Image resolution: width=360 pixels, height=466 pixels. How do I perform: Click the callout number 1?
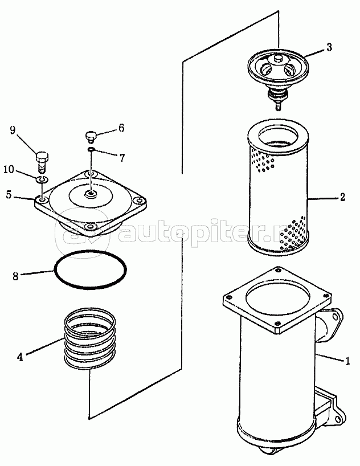point(347,361)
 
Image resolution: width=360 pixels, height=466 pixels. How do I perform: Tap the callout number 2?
point(342,197)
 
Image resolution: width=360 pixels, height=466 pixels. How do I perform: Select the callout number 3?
point(329,47)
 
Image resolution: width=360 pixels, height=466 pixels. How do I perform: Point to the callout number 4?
point(19,357)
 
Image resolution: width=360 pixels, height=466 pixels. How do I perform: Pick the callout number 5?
point(9,195)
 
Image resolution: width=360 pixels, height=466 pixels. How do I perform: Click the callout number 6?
point(121,128)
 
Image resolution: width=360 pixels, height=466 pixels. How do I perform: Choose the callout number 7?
point(122,157)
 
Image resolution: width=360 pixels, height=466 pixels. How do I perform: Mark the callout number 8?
point(15,276)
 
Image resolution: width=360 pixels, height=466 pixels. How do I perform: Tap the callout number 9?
point(13,130)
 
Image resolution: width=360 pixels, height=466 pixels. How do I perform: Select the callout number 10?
point(9,170)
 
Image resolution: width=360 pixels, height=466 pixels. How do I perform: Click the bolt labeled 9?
point(42,162)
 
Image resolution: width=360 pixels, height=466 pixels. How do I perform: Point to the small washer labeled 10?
point(42,179)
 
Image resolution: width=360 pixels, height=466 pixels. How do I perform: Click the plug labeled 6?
point(89,137)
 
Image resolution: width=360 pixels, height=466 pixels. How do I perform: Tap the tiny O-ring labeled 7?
point(91,149)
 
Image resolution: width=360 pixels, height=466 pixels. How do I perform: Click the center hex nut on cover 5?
point(91,195)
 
